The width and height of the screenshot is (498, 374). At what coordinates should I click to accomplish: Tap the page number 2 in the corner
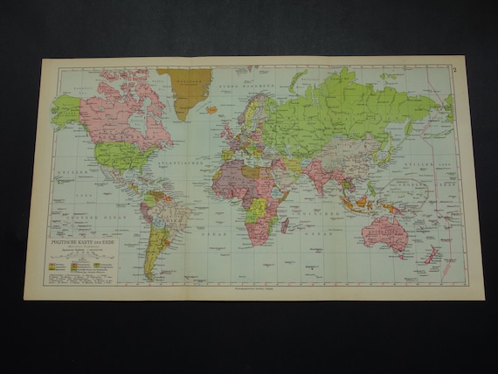[453, 70]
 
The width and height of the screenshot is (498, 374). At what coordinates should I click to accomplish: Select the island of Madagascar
[285, 225]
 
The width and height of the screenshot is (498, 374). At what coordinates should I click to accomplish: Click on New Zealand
[431, 256]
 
